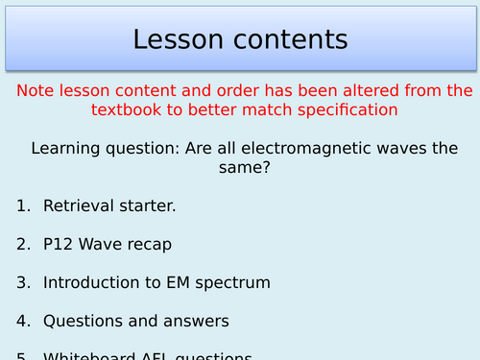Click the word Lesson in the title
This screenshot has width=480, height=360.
coord(179,39)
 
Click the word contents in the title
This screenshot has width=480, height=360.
coord(288,39)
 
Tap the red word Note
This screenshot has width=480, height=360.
coord(36,90)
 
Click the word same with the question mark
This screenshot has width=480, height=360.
coord(239,168)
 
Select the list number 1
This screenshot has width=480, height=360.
coord(22,205)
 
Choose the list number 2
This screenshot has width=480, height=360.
coord(22,244)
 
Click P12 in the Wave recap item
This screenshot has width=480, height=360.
coord(60,244)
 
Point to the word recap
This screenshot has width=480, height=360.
coord(148,245)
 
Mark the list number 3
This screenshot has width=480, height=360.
coord(22,282)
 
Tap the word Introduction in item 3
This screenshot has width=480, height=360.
coord(89,282)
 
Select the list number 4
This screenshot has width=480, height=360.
coord(22,321)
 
